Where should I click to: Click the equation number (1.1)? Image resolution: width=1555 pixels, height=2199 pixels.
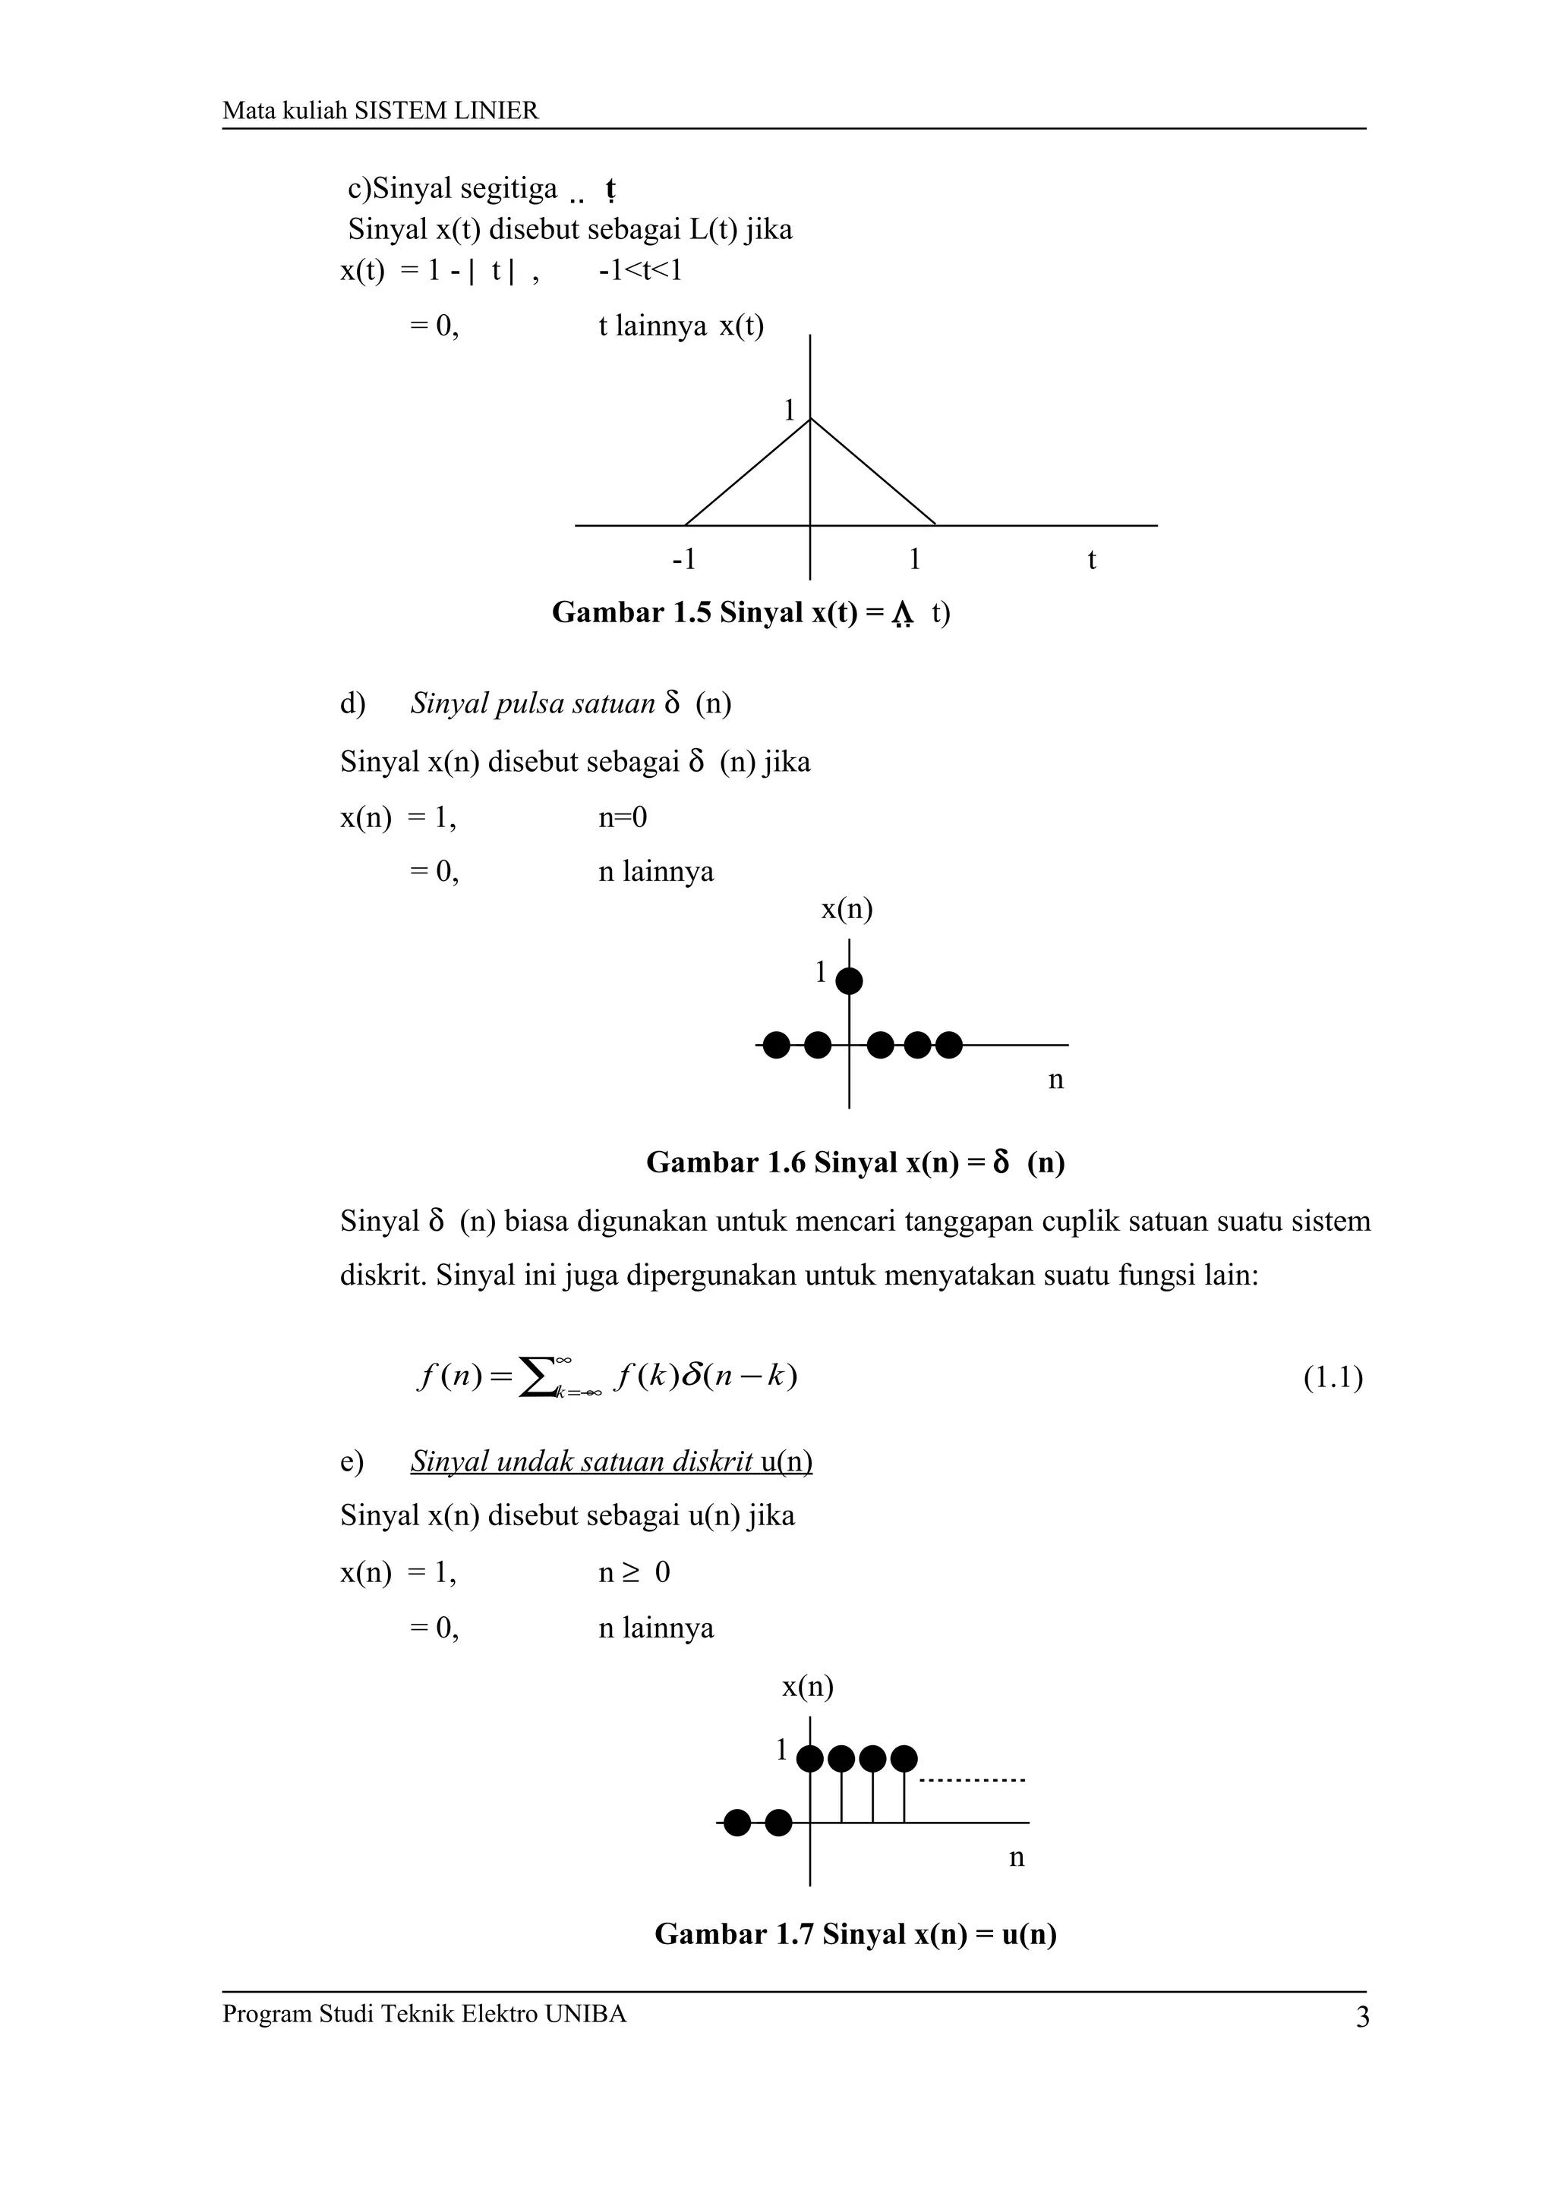pos(1333,1378)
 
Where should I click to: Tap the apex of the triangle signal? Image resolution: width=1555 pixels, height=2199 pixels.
pos(811,419)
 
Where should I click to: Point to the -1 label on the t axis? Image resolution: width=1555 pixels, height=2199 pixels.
pos(684,559)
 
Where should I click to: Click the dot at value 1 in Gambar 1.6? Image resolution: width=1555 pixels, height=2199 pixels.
pos(849,980)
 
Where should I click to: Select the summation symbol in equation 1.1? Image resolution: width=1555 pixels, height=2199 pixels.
pos(537,1377)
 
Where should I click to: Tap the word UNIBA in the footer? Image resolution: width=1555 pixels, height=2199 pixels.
pos(585,2014)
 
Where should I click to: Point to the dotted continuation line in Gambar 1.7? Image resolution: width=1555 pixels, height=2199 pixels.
pos(972,1779)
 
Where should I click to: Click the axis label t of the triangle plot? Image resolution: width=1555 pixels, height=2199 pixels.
pos(1091,559)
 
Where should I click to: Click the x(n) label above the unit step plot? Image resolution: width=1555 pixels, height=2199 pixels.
pos(808,1687)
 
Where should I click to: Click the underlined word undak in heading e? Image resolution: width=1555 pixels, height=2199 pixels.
pos(539,1461)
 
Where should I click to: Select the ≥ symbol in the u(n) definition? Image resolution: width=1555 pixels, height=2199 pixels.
pos(629,1573)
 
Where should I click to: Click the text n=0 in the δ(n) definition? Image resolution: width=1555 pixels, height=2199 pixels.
pos(623,817)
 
